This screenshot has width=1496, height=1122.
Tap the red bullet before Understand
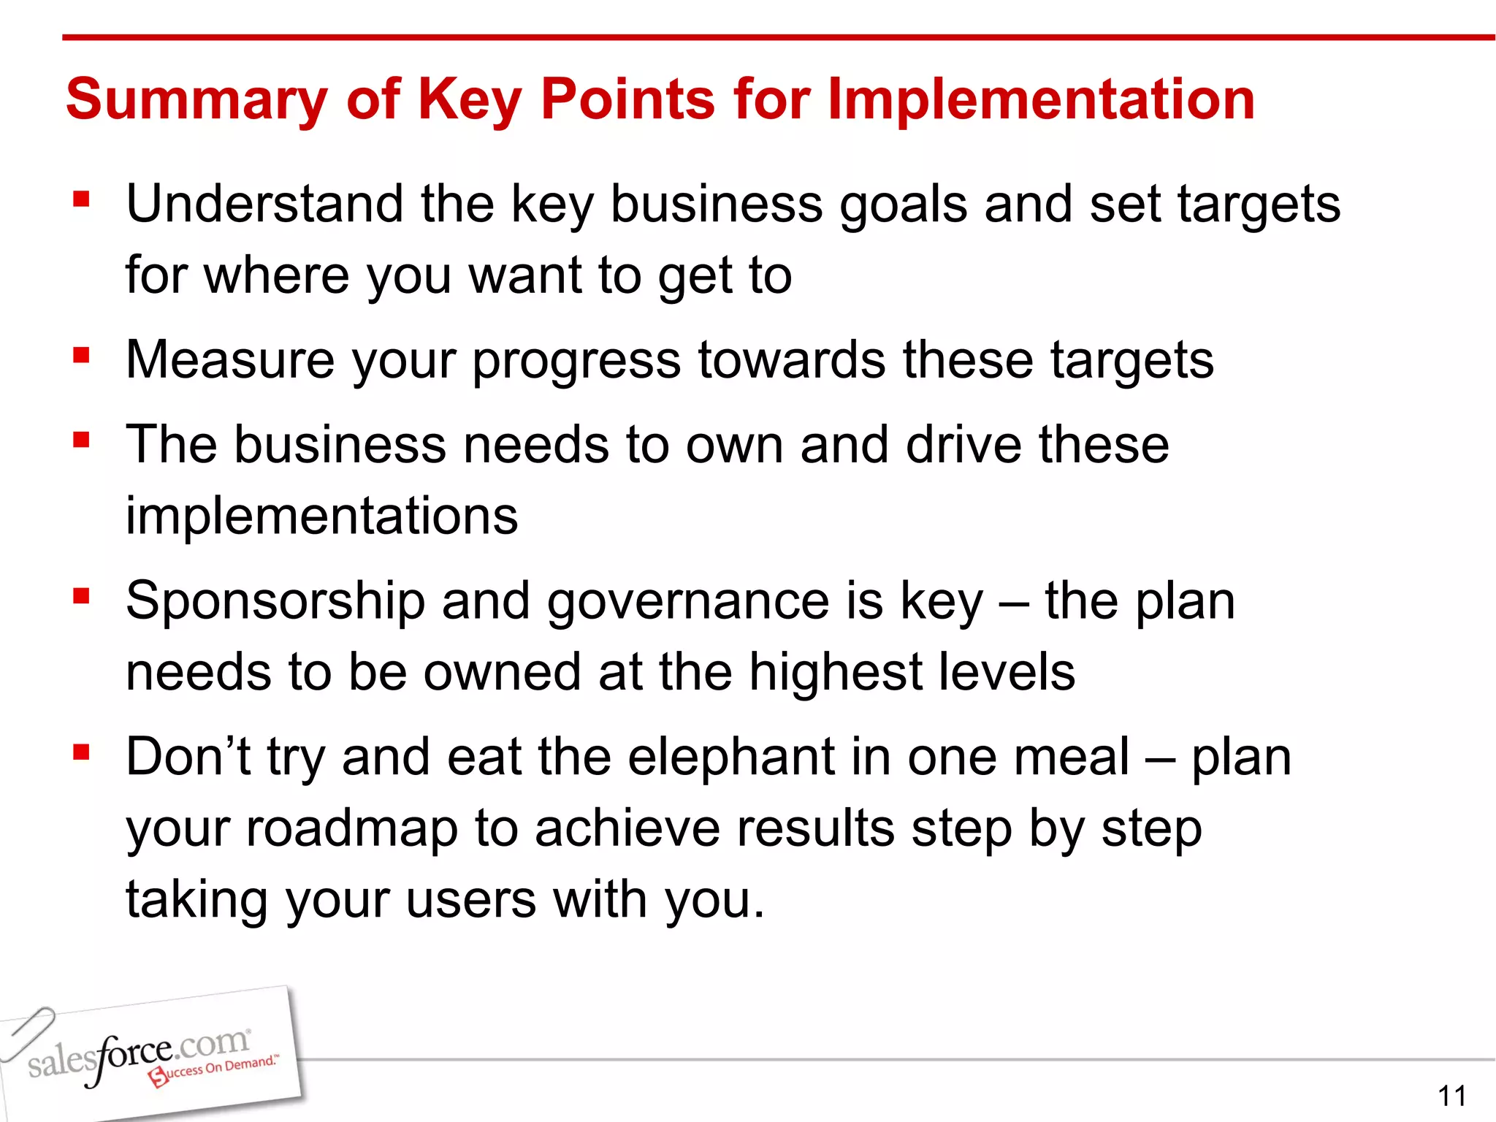tap(81, 199)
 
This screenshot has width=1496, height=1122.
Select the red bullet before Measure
tap(81, 356)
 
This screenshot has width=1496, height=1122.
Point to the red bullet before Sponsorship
tap(81, 597)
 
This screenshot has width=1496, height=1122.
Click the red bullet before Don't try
tap(81, 752)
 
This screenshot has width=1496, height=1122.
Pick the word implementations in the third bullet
tap(321, 516)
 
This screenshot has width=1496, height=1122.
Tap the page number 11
tap(1451, 1096)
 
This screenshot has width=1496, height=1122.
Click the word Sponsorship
tap(275, 602)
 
